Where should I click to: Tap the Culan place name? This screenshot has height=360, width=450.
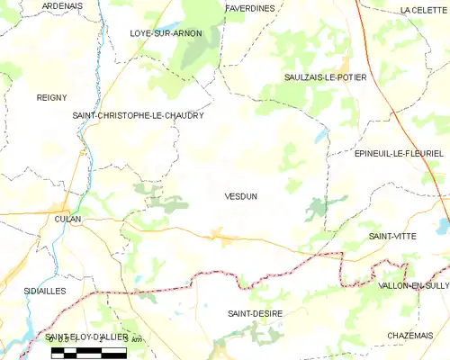point(67,218)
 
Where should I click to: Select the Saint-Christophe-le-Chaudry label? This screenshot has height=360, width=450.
point(138,116)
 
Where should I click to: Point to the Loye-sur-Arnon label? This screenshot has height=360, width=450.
point(166,33)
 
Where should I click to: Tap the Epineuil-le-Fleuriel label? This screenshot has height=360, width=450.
point(385,153)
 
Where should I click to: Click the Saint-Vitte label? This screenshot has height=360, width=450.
point(391,235)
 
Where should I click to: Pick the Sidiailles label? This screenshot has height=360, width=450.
point(46,292)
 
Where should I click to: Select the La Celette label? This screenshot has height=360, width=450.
point(423,9)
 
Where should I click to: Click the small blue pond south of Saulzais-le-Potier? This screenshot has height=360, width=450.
point(319,137)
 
